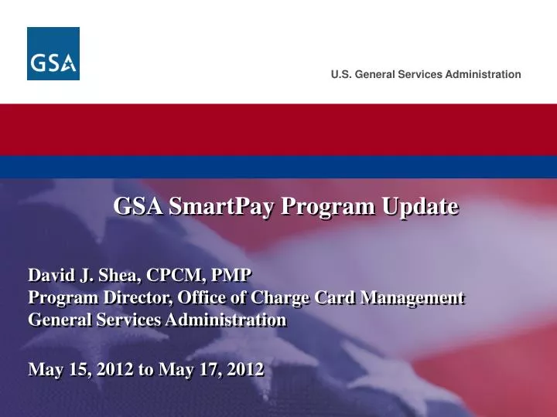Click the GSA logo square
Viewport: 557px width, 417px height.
[53, 53]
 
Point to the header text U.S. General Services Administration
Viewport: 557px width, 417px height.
[425, 74]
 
